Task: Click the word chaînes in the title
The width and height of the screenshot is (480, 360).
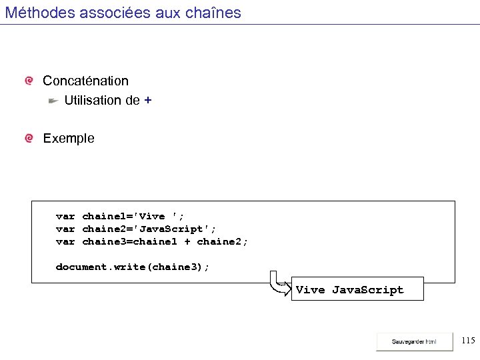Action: pyautogui.click(x=216, y=12)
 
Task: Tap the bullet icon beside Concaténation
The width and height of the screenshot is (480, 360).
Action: pyautogui.click(x=29, y=81)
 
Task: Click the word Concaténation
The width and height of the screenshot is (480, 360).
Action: pyautogui.click(x=85, y=81)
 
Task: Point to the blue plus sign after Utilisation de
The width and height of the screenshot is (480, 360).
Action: pyautogui.click(x=147, y=101)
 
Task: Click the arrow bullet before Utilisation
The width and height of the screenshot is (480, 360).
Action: pyautogui.click(x=53, y=101)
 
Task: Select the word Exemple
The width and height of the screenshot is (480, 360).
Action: pyautogui.click(x=69, y=139)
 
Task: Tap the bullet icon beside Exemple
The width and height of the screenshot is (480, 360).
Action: pyautogui.click(x=29, y=139)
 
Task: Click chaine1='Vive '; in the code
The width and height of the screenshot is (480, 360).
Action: pyautogui.click(x=133, y=216)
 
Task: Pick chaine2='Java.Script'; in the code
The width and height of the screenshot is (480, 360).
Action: pyautogui.click(x=149, y=229)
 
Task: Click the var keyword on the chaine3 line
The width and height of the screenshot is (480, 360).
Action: pyautogui.click(x=65, y=241)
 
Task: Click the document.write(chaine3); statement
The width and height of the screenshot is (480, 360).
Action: pyautogui.click(x=132, y=267)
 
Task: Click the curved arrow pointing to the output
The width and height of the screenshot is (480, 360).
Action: pyautogui.click(x=279, y=283)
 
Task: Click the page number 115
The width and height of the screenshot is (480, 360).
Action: pyautogui.click(x=468, y=341)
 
